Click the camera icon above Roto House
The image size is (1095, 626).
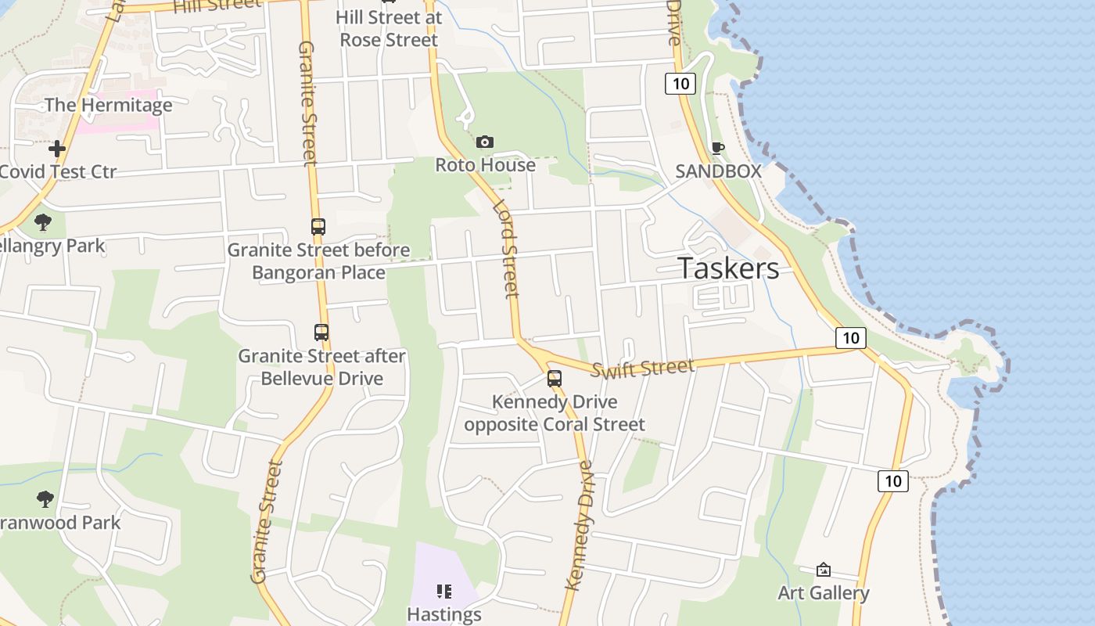(485, 142)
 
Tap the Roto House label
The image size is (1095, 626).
(485, 165)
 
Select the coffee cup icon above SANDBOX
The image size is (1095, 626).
(717, 148)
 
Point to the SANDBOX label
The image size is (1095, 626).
(718, 171)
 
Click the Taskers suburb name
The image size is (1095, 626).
(728, 268)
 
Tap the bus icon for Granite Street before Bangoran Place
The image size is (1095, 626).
(318, 227)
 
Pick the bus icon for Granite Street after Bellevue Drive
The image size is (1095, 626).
(321, 332)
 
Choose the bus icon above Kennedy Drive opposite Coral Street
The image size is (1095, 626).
(555, 379)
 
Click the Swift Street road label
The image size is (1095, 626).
(642, 368)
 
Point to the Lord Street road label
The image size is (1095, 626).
(507, 249)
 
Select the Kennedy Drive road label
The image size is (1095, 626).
(580, 525)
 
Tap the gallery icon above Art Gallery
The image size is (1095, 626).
(823, 570)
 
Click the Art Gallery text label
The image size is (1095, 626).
(823, 593)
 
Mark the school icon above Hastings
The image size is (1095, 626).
(444, 591)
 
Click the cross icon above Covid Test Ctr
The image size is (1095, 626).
(57, 149)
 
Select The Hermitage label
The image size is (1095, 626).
(108, 105)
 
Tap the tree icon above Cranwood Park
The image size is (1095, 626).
(45, 498)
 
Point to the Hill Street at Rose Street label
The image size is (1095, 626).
(389, 28)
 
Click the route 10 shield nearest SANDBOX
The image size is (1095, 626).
(680, 83)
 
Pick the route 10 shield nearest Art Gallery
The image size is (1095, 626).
(893, 480)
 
